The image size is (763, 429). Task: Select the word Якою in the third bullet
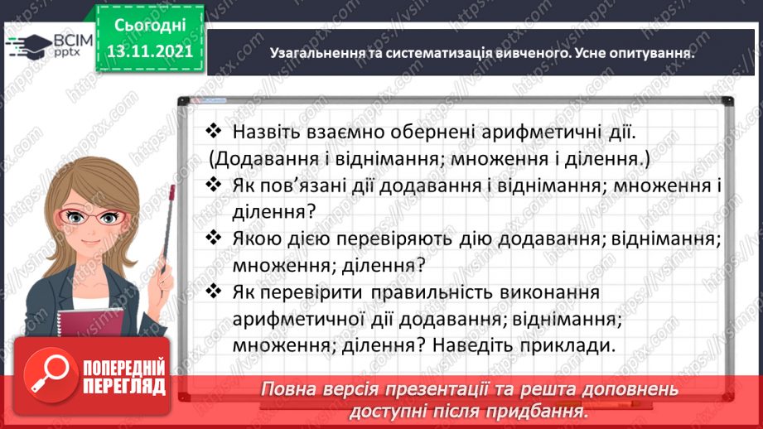coord(256,239)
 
